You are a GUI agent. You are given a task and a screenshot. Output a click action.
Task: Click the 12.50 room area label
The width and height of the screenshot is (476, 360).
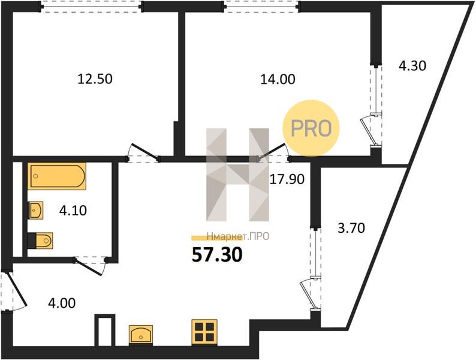95,79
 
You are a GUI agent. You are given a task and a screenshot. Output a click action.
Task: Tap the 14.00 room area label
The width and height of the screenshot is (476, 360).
278,79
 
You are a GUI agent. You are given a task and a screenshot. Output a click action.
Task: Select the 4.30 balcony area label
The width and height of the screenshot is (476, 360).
412,65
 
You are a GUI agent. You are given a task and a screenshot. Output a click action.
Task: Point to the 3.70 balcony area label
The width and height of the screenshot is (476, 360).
351,228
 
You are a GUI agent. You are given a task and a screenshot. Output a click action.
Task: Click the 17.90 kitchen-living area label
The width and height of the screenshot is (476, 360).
287,179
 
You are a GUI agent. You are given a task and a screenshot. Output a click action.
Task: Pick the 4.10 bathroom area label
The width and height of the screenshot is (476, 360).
73,210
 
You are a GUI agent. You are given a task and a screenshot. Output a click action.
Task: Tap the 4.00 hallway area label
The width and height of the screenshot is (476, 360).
62,303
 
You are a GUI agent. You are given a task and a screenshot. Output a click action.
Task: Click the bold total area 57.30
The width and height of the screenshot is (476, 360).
217,254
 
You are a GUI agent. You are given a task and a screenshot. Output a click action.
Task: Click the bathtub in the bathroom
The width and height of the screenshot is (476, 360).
57,176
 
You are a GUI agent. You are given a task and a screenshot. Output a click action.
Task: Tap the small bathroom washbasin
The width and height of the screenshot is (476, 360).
36,210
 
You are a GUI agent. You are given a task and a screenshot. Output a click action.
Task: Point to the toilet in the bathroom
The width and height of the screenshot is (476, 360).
40,241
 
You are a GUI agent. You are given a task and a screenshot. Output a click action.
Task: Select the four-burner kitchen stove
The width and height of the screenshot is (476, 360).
204,332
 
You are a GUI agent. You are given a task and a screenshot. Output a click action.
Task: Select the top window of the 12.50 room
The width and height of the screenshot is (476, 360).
92,7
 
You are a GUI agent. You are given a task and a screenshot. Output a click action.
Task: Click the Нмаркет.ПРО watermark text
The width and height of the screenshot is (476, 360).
237,236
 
